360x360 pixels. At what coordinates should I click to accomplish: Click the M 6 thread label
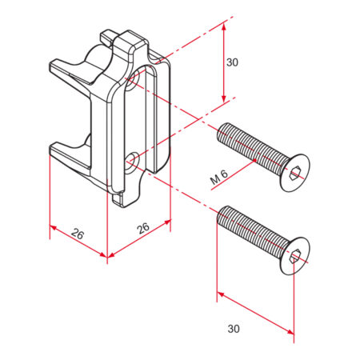(219, 177)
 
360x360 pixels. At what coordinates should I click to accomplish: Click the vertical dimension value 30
(232, 62)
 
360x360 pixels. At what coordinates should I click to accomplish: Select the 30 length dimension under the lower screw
(234, 329)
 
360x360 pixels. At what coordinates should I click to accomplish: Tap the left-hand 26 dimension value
(78, 234)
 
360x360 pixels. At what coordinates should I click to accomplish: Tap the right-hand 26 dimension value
(143, 228)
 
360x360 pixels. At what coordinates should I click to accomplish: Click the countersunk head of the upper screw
(294, 173)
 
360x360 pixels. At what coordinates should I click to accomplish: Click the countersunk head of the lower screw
(294, 255)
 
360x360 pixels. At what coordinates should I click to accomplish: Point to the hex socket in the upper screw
(295, 173)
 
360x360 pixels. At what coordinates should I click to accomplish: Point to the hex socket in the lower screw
(295, 256)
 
